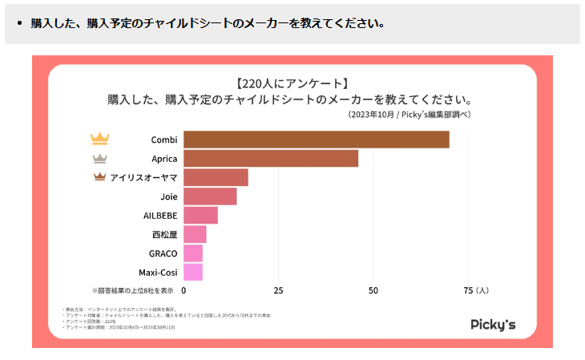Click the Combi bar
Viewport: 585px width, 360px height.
[x=316, y=140]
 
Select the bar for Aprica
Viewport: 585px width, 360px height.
[x=271, y=159]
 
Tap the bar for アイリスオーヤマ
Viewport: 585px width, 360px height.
[x=216, y=177]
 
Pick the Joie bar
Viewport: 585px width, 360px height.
[x=210, y=196]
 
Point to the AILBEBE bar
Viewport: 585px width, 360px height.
[x=200, y=216]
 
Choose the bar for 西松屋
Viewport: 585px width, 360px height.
[x=195, y=234]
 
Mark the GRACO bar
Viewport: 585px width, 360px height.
[x=193, y=253]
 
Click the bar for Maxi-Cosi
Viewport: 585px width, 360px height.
[x=193, y=273]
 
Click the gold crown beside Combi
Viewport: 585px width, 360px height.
[x=99, y=139]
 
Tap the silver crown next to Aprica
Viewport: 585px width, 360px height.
[x=99, y=158]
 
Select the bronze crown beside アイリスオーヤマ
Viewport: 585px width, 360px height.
[x=99, y=177]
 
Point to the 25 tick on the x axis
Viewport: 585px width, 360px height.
[x=278, y=290]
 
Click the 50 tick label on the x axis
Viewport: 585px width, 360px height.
[x=373, y=290]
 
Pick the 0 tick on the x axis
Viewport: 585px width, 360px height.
[x=184, y=290]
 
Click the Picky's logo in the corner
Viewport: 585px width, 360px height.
[x=493, y=324]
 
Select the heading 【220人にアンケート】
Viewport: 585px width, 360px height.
[x=292, y=83]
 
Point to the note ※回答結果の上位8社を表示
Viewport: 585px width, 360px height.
[x=132, y=290]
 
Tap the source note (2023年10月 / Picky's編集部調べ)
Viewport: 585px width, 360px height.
[x=409, y=115]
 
